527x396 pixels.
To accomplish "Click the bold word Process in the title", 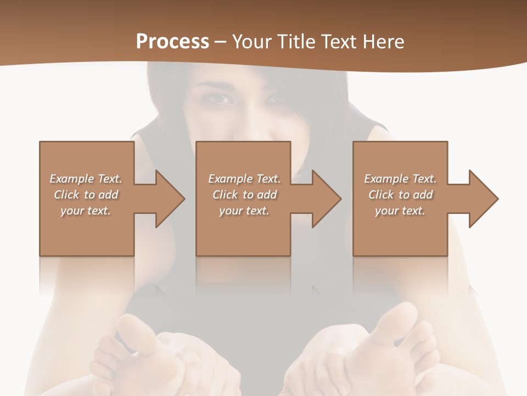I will (x=172, y=42).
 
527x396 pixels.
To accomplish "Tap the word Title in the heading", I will (x=296, y=42).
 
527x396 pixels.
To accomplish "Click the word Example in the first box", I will (x=71, y=179).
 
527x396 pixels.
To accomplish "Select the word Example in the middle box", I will (x=229, y=179).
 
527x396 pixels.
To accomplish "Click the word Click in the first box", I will (x=66, y=195).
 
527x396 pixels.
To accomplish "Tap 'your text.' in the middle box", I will (x=244, y=211).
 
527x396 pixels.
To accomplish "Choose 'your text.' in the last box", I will (x=400, y=211).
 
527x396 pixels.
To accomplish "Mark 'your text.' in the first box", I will (x=85, y=211).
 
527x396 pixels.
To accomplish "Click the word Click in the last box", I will (x=381, y=195).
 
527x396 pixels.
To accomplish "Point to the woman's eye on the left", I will (x=220, y=100).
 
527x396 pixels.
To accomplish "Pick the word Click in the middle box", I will (x=225, y=195).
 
